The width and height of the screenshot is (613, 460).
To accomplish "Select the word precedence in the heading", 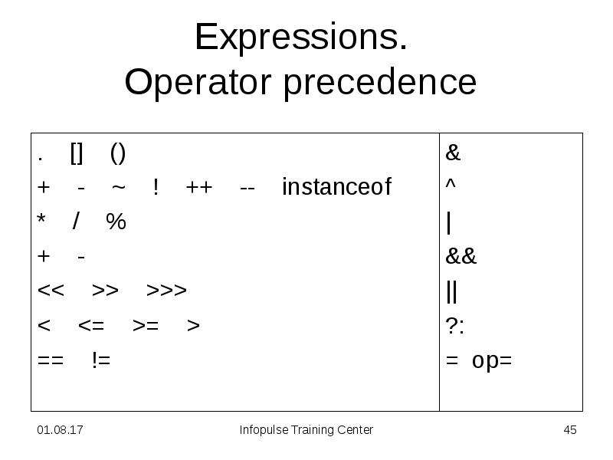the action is coord(380,83).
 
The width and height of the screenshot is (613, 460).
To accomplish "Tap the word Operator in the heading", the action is coord(198,83).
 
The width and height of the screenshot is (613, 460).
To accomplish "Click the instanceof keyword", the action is coord(336,186).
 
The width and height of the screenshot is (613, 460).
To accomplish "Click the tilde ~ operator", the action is coord(119,187).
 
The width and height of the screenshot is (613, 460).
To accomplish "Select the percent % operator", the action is coord(116,222).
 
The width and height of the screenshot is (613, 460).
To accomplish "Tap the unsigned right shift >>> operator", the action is coord(166,291).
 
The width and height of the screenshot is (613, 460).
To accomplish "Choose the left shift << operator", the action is coord(51,291).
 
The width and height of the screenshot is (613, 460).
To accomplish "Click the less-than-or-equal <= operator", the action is coord(91,325).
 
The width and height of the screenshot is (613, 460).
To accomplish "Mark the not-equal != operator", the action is coord(101,360).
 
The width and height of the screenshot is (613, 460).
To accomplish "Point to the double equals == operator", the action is coord(51,360).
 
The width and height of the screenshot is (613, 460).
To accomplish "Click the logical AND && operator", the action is coord(461,256).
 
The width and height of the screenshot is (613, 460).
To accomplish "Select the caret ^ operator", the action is coord(451,183).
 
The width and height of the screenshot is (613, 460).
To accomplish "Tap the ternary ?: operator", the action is coord(455,325).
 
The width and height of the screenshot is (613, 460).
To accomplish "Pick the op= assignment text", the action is coord(492,360).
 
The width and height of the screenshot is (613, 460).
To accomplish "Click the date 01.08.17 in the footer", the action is coord(60,430).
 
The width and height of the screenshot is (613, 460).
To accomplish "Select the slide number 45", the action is coord(570,430).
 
